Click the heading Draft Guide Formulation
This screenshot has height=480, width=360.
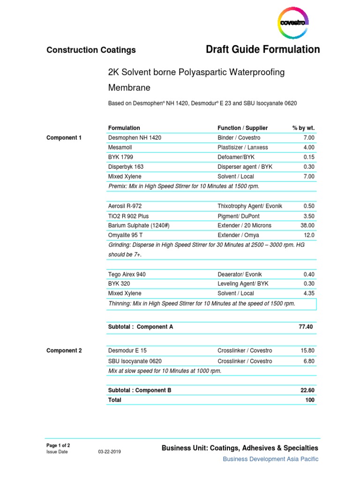point(263,49)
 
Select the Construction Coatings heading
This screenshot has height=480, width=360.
point(91,50)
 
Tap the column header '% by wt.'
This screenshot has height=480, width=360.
point(303,128)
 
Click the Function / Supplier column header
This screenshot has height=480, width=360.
point(242,128)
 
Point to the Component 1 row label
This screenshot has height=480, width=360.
point(64,138)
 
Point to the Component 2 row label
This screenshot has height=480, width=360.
point(64,351)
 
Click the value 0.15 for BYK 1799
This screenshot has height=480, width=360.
point(309,157)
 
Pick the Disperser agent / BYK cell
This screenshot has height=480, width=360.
point(245,167)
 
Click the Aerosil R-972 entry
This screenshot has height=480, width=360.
point(125,206)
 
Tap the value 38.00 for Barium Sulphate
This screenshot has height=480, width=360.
point(307,225)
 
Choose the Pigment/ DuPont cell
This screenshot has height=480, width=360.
point(239,216)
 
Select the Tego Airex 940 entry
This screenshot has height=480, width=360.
point(127,274)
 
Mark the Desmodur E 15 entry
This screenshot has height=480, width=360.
point(127,351)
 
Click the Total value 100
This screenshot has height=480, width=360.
point(310,400)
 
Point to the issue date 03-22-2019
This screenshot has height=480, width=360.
point(109,452)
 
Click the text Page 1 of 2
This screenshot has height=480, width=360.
point(58,445)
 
